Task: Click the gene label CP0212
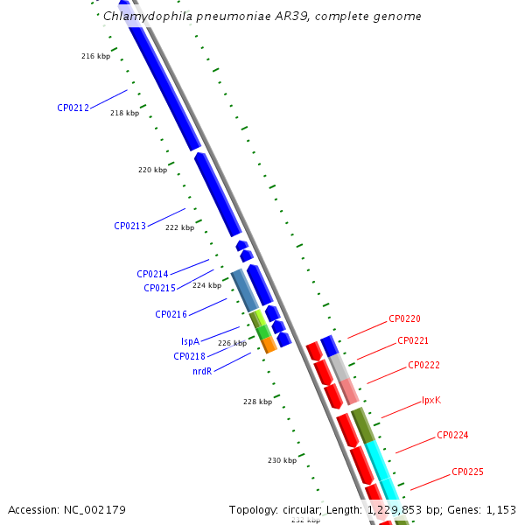73,108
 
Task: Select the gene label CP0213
129,226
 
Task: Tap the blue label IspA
190,341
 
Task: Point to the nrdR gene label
202,371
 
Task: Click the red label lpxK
431,400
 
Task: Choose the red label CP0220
404,318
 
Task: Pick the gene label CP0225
467,472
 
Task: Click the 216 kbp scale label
95,56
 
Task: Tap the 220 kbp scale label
152,170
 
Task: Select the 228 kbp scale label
258,402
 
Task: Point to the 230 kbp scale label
283,460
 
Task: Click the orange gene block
269,345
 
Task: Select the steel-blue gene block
245,290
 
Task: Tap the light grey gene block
339,368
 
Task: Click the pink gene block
349,391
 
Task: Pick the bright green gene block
263,332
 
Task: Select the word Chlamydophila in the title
148,16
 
